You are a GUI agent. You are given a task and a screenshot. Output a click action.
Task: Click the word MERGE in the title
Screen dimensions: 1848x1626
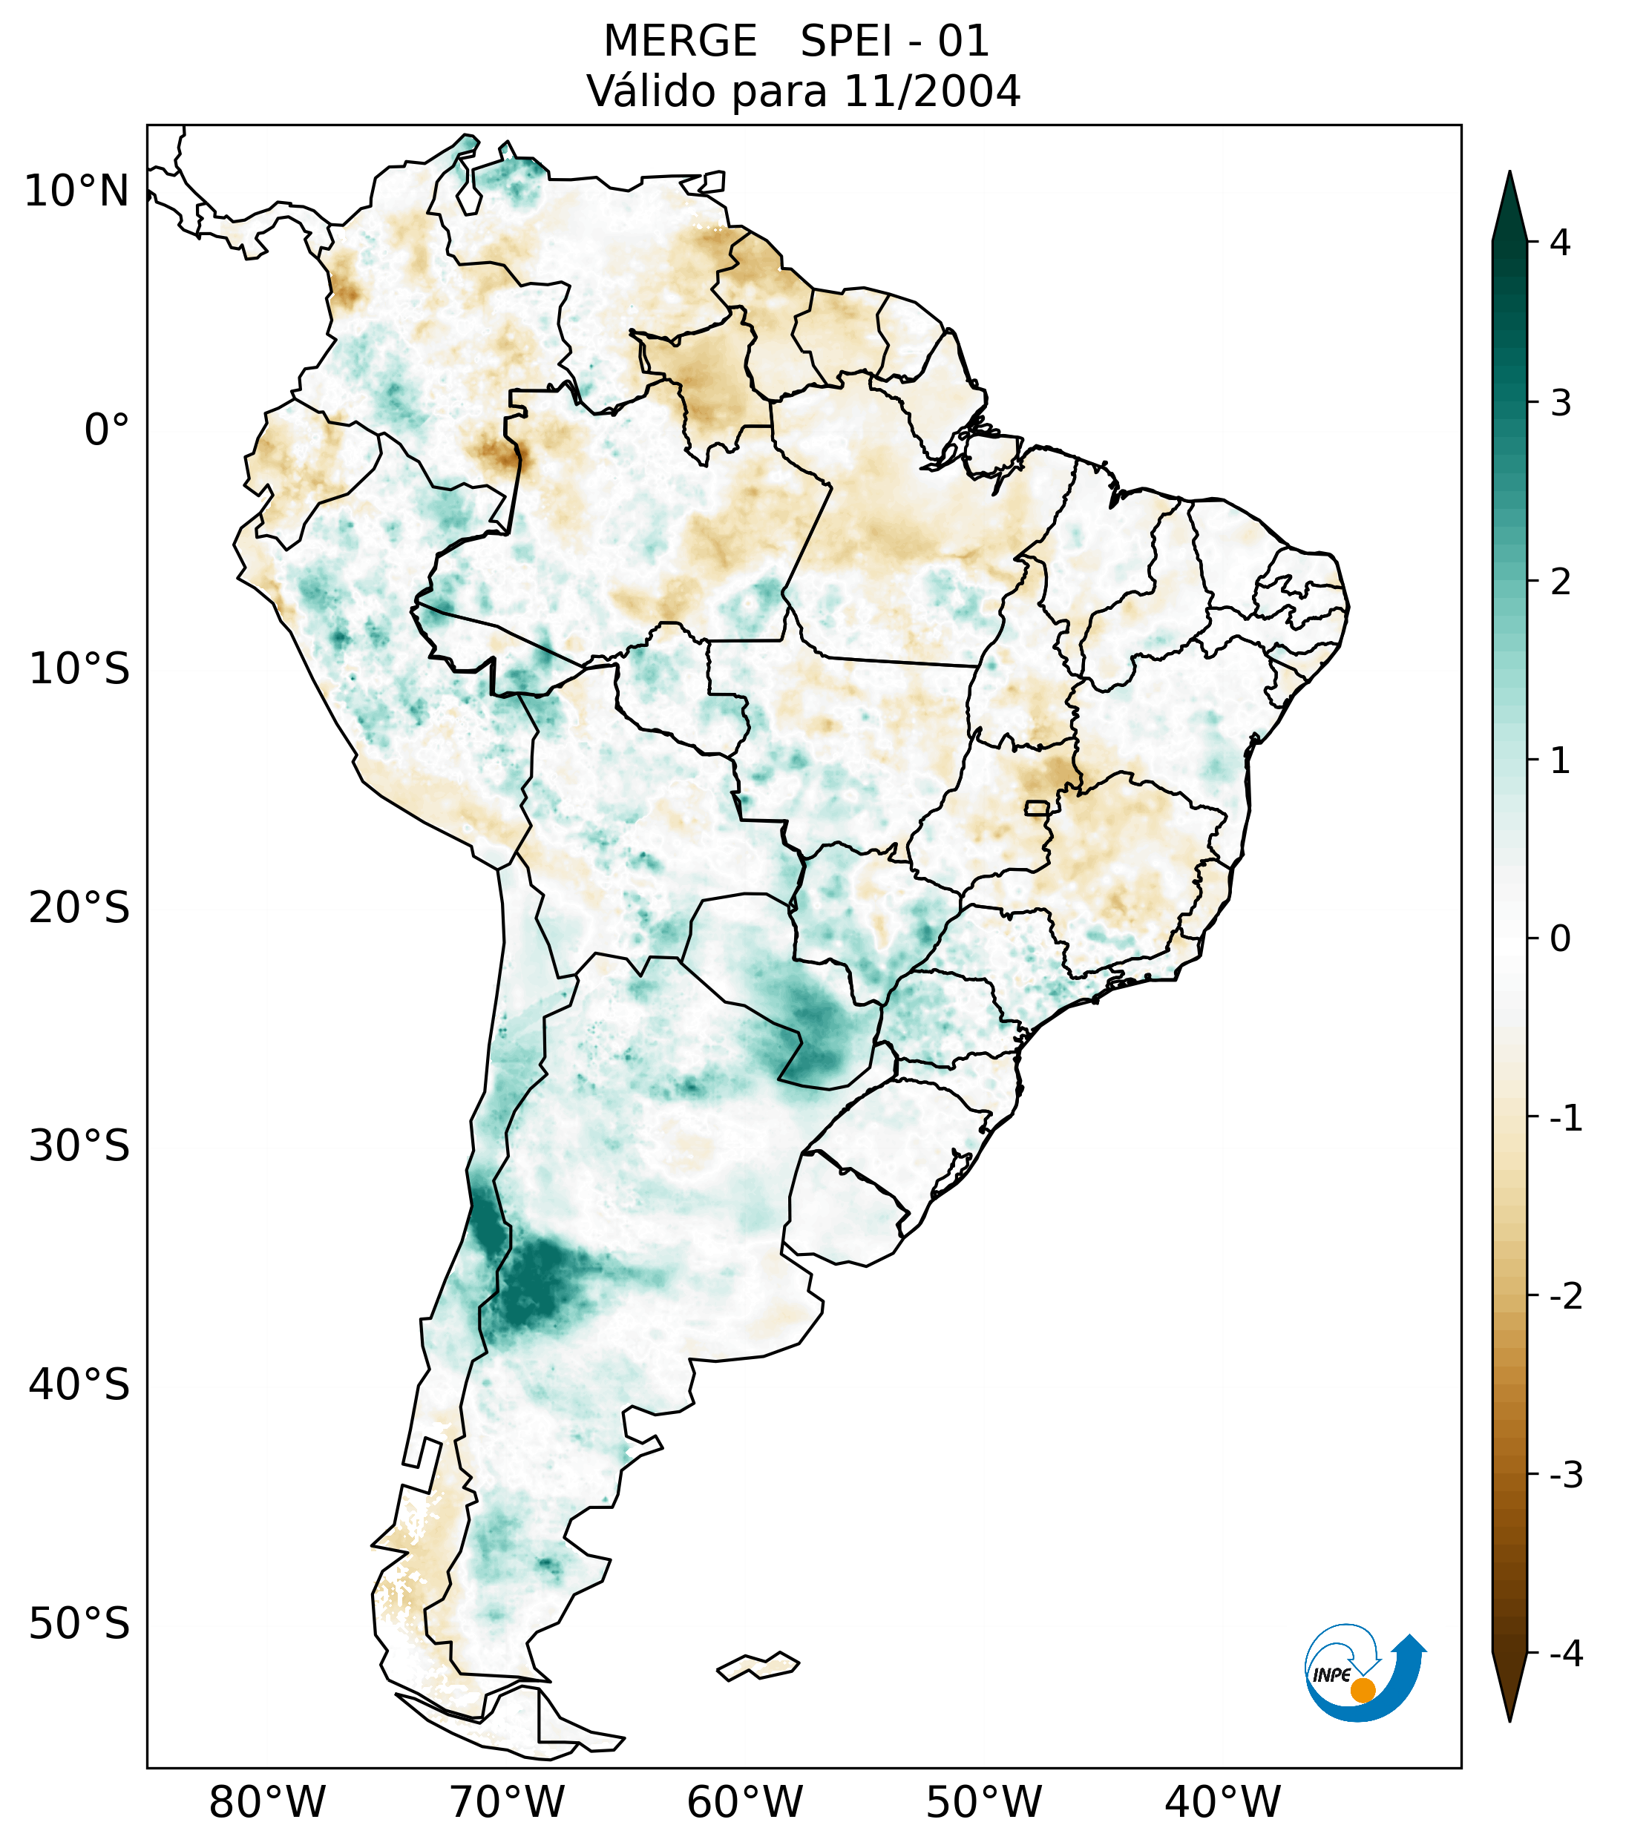[x=679, y=42]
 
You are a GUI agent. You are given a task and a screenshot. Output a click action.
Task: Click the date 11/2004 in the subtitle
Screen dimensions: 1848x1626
[x=931, y=91]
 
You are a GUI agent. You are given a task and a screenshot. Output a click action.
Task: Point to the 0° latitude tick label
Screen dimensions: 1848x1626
[x=107, y=430]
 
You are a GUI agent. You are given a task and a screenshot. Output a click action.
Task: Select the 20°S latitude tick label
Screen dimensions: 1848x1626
[x=79, y=908]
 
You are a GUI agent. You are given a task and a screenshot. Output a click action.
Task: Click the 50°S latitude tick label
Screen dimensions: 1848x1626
[x=79, y=1624]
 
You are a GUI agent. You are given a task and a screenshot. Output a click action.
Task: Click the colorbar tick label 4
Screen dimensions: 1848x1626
[x=1560, y=243]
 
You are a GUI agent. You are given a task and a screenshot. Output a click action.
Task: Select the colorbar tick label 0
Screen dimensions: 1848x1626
[x=1560, y=939]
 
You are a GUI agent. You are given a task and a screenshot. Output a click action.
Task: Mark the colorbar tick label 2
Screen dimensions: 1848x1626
[x=1560, y=582]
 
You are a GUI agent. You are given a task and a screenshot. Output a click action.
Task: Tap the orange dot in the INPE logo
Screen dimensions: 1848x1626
[x=1362, y=1690]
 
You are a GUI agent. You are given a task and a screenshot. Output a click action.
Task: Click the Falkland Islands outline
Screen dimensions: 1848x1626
[x=758, y=1665]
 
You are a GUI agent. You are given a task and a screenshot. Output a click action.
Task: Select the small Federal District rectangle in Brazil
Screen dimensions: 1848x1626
[x=1036, y=806]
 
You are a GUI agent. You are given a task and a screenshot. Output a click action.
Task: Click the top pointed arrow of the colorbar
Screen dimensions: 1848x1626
[x=1509, y=203]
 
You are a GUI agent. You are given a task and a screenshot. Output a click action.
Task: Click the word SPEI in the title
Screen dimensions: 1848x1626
[x=845, y=42]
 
